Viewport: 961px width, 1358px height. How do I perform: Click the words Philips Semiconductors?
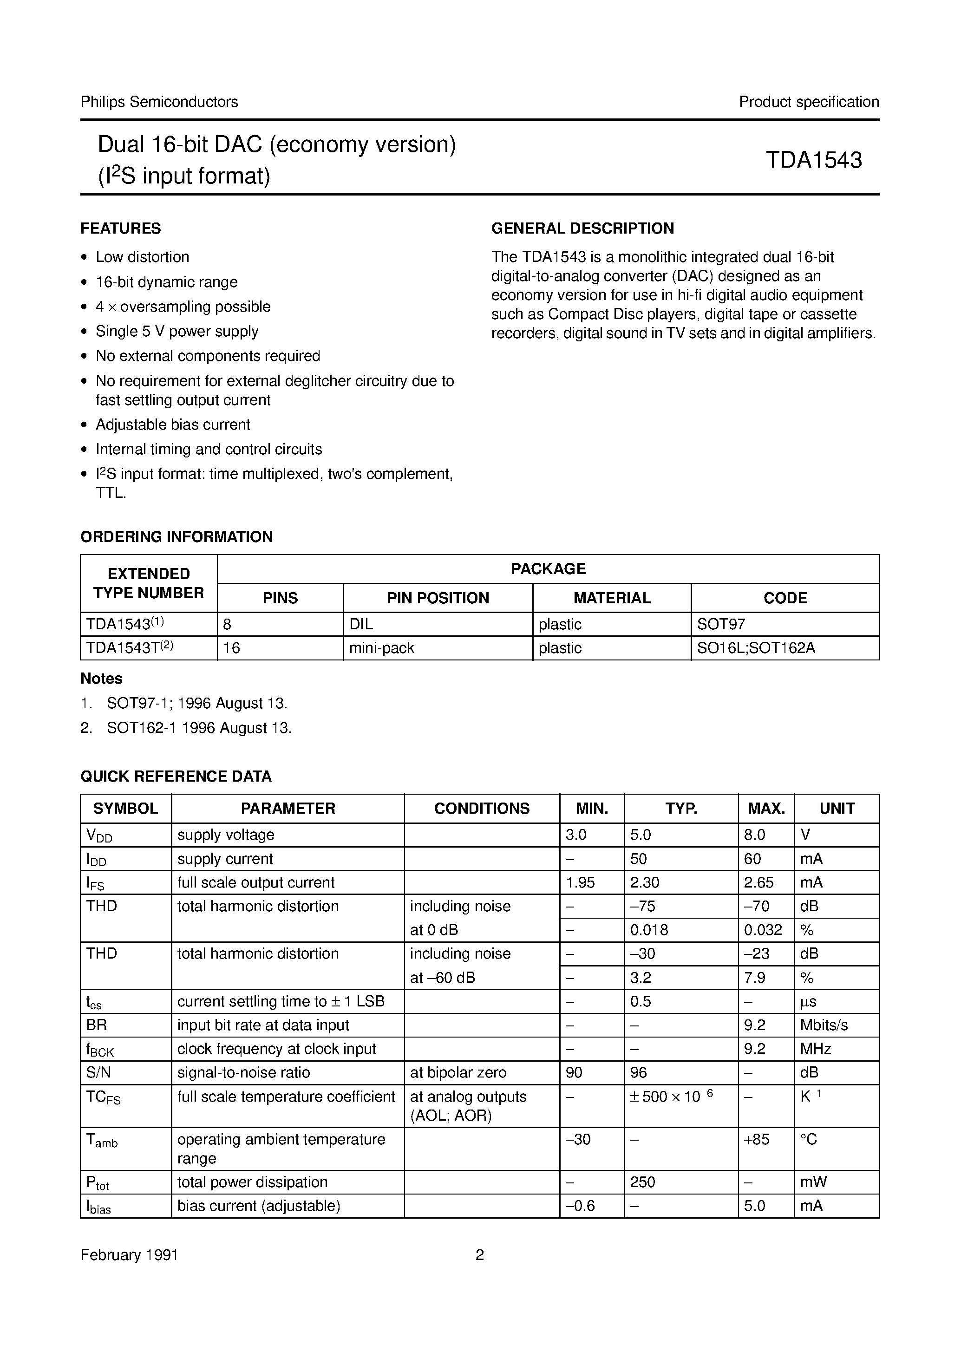coord(159,102)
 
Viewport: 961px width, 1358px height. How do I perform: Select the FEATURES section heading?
coord(121,229)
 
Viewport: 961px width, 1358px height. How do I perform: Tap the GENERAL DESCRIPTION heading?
coord(582,229)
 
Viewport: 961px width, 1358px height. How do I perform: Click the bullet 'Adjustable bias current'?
coord(173,424)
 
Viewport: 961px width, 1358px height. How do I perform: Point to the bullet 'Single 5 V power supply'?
coord(177,331)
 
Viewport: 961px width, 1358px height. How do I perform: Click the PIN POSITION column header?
coord(438,598)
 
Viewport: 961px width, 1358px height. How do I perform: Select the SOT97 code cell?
coord(721,624)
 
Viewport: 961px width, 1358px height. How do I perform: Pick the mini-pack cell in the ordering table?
coord(382,648)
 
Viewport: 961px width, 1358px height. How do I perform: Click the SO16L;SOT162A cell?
coord(756,648)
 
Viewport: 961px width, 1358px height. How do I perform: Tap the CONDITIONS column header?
coord(482,808)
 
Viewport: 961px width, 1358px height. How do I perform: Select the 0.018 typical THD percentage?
coord(649,930)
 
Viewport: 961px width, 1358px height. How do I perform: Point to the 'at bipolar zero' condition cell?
coord(458,1072)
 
